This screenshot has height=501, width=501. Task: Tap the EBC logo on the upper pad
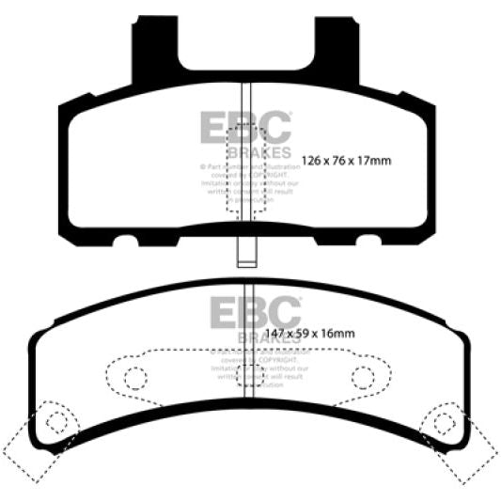coord(246,127)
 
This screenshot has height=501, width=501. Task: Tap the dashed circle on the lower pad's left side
coord(133,378)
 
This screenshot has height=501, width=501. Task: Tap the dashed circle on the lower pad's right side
coord(363,378)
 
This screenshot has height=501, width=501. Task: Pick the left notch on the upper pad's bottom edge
coord(124,242)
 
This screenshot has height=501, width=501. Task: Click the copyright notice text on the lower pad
coord(248,369)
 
